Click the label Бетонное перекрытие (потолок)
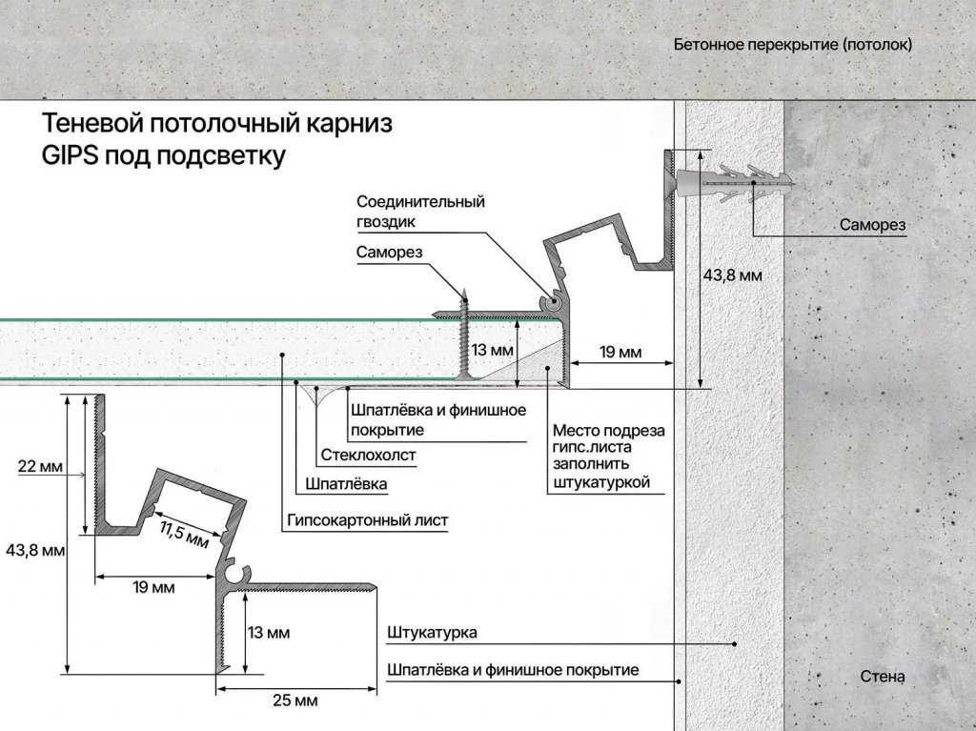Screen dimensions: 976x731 [792, 45]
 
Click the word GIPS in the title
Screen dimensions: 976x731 [70, 155]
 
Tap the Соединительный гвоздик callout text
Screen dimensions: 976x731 [420, 212]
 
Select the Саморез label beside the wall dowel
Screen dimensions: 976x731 [872, 226]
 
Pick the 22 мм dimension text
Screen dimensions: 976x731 [40, 466]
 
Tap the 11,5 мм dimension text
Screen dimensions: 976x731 [184, 536]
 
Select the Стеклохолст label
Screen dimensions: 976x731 [368, 456]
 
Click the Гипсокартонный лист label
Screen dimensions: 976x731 [367, 520]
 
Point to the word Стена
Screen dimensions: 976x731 [882, 677]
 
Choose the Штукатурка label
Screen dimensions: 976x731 [432, 633]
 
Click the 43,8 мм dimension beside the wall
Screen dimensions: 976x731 [733, 275]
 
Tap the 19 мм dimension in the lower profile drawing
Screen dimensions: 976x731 [153, 587]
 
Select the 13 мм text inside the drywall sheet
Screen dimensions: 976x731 [493, 350]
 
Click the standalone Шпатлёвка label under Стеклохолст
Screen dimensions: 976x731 [346, 484]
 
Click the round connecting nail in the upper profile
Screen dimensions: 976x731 [552, 303]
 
